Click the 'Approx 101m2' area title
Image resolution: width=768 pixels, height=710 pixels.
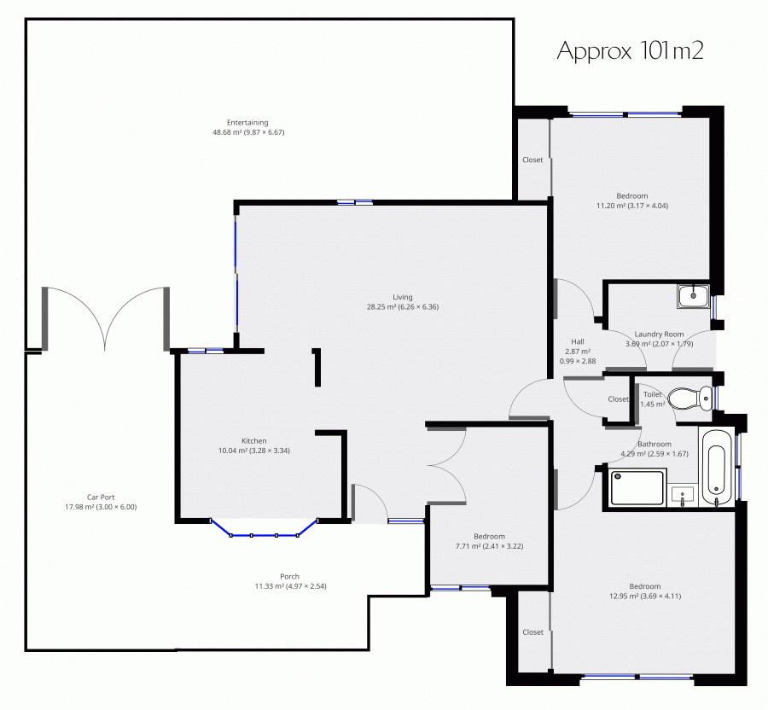630,51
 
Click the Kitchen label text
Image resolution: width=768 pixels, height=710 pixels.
253,441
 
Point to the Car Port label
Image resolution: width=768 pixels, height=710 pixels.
101,498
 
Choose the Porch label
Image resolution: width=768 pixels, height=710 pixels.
290,577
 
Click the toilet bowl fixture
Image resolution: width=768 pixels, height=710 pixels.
690,398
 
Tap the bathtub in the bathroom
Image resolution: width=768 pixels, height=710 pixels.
717,468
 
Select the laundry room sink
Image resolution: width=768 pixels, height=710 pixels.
694,296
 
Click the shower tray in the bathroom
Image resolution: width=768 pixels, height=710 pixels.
637,487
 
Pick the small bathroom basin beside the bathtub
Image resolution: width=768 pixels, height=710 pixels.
683,496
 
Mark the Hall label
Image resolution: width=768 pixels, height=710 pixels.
578,342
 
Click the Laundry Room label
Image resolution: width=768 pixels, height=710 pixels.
659,335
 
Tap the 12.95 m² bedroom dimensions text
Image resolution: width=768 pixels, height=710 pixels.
645,597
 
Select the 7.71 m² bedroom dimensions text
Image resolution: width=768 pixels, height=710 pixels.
489,546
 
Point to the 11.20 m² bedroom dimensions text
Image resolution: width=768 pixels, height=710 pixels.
631,207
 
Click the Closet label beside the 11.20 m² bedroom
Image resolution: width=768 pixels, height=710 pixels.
532,160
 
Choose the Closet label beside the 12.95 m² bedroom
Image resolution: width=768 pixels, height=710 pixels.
532,632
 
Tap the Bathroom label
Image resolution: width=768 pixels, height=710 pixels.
655,444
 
